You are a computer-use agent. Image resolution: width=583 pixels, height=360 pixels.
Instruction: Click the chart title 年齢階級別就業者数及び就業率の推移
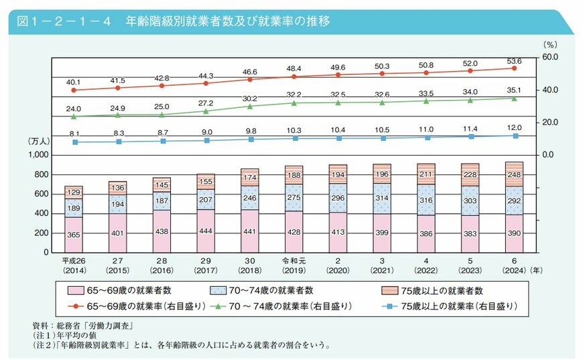(x=228, y=21)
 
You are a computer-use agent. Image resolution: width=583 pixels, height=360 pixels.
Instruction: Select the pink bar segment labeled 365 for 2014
(x=74, y=235)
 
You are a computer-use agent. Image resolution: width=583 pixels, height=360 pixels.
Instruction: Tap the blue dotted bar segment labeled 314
(x=382, y=198)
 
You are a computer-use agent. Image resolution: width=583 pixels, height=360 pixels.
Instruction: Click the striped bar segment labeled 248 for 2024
(x=514, y=174)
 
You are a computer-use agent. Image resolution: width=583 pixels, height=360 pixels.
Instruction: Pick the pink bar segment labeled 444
(x=206, y=231)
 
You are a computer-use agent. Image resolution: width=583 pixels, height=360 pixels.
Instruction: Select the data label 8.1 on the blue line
(x=74, y=133)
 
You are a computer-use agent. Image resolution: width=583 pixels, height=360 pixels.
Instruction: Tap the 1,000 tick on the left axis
(x=38, y=155)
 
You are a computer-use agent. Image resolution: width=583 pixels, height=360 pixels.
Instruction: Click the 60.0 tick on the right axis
(x=551, y=57)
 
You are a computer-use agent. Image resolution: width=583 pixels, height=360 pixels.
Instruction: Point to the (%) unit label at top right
(x=549, y=44)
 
